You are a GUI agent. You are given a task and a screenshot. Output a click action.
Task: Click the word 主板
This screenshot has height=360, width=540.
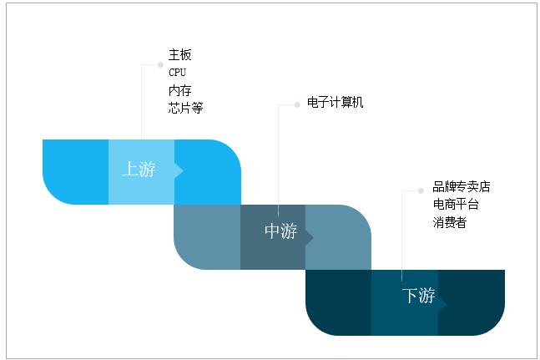click(179, 55)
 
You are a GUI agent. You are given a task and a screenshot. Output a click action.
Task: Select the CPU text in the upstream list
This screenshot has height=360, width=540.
click(177, 73)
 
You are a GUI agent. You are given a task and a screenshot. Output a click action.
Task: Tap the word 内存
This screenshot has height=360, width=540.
click(179, 90)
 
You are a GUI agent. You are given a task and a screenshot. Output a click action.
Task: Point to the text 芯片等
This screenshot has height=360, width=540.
click(185, 108)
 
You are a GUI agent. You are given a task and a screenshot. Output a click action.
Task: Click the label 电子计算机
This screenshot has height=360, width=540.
click(336, 103)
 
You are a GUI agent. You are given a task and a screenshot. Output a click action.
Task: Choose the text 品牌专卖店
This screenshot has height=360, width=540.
click(461, 186)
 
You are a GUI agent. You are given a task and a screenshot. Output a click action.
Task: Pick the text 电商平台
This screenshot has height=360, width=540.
click(455, 204)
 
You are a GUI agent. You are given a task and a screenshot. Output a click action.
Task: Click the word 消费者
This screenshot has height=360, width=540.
click(449, 222)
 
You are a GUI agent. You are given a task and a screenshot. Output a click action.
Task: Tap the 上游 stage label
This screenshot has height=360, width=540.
click(139, 169)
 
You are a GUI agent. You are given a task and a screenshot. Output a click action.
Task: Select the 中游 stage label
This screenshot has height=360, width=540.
click(280, 231)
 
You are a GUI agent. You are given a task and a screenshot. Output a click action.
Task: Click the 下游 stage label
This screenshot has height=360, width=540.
click(418, 296)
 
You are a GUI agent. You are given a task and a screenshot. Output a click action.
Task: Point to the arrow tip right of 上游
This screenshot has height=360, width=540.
click(179, 170)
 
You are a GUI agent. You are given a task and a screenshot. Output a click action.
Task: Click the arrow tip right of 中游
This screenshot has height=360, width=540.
click(310, 237)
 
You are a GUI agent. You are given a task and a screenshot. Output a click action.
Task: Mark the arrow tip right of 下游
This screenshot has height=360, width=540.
click(442, 302)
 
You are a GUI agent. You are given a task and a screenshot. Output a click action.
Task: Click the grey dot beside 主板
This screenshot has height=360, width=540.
click(160, 63)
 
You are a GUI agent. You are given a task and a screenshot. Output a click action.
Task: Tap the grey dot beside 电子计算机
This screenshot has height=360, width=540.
click(296, 104)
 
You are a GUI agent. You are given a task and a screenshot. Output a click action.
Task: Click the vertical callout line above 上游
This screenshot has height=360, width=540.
click(142, 109)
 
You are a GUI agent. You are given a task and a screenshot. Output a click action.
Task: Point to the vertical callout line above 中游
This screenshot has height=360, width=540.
click(278, 159)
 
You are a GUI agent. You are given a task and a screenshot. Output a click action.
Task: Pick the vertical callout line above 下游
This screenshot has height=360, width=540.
click(402, 234)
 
